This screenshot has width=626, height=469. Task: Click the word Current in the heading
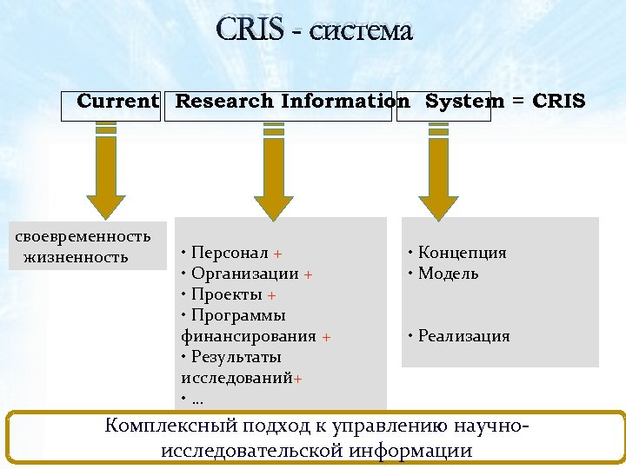pos(118,101)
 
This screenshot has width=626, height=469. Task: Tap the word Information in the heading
pos(345,101)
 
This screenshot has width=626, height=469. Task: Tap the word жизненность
pos(77,257)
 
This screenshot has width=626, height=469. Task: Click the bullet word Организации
pos(245,274)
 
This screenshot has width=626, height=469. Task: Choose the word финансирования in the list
pos(249,336)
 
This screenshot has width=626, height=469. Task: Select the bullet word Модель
pos(448,274)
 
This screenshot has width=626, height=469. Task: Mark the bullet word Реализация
pos(463,336)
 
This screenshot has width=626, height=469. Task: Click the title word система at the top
pos(360,31)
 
